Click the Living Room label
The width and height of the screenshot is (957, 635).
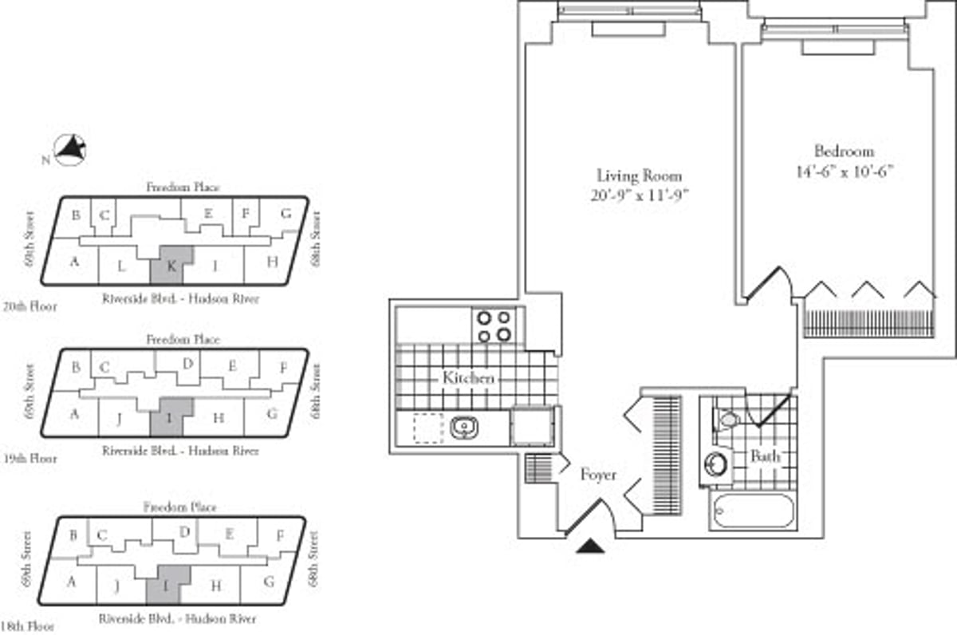click(x=639, y=176)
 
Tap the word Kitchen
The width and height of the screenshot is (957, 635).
click(x=468, y=378)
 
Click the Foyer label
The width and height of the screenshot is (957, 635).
click(x=598, y=475)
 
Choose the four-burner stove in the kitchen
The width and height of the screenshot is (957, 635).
click(x=494, y=325)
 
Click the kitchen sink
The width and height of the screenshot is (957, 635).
click(x=463, y=429)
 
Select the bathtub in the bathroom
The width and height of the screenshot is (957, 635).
click(x=753, y=511)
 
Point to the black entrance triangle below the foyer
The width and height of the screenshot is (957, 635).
click(x=591, y=546)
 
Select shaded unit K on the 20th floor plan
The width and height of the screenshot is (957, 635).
click(x=171, y=264)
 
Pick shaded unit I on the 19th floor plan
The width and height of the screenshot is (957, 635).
click(x=171, y=416)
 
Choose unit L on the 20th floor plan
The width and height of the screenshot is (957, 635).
click(x=122, y=266)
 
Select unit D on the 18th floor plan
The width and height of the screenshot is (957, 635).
click(x=184, y=532)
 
